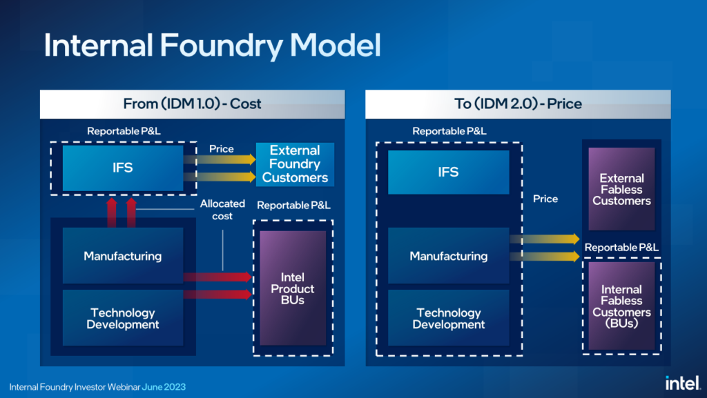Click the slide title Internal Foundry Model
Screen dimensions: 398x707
[x=212, y=46]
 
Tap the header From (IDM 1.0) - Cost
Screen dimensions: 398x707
[x=192, y=104]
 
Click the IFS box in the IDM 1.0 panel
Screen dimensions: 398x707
[x=123, y=168]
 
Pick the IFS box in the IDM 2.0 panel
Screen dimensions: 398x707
[x=448, y=172]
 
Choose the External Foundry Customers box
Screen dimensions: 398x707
[x=295, y=164]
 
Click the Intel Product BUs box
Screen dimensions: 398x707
[x=293, y=288]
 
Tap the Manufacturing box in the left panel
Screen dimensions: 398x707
[x=123, y=256]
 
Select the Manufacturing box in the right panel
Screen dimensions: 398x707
[x=448, y=256]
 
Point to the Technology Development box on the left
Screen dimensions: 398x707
[x=123, y=318]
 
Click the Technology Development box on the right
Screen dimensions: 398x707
[x=448, y=318]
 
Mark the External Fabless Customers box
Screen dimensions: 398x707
[x=621, y=189]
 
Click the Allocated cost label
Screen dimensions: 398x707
[x=222, y=210]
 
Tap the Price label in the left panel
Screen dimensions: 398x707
[x=221, y=149]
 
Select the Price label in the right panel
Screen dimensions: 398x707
[x=545, y=199]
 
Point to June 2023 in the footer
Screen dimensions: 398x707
[x=164, y=387]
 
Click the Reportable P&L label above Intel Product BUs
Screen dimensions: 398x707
[x=293, y=205]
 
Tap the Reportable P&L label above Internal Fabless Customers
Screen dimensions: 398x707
[x=621, y=248]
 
